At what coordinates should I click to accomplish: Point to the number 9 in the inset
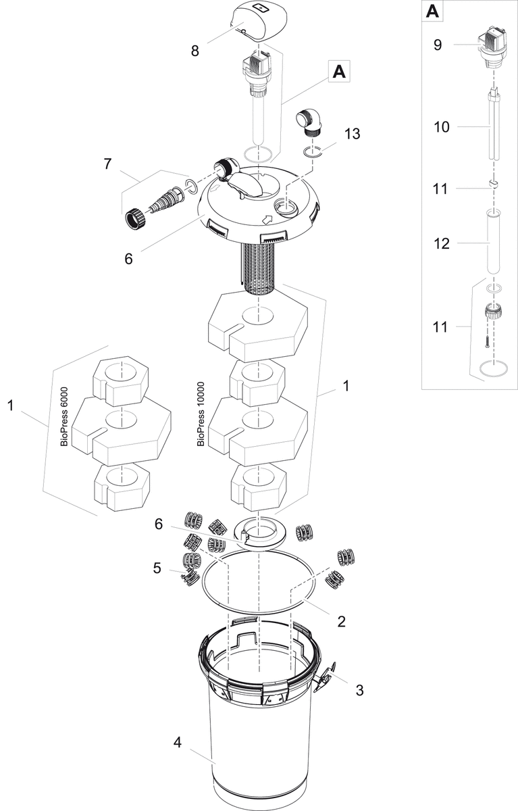(x=437, y=45)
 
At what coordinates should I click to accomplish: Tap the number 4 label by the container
(x=177, y=742)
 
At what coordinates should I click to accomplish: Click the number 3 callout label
(x=359, y=689)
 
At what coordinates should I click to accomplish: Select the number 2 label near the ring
(x=341, y=621)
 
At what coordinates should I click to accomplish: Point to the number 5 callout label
(x=157, y=568)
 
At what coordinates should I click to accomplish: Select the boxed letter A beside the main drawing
(x=340, y=71)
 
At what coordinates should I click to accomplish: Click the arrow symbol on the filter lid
(x=268, y=218)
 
